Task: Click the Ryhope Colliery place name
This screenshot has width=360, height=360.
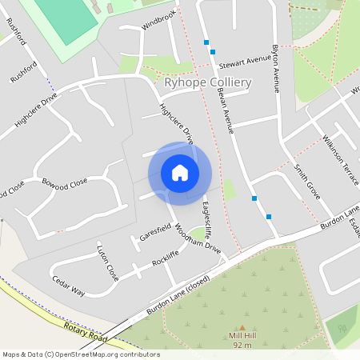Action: [207, 82]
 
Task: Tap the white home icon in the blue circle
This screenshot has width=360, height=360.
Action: [180, 173]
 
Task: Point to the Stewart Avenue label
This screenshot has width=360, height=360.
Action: [246, 60]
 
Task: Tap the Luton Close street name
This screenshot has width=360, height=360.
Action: [107, 262]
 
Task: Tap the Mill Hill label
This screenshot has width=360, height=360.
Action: [241, 337]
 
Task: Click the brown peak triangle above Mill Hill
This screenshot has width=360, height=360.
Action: [241, 327]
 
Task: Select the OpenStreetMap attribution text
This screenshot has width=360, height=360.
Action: [81, 354]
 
